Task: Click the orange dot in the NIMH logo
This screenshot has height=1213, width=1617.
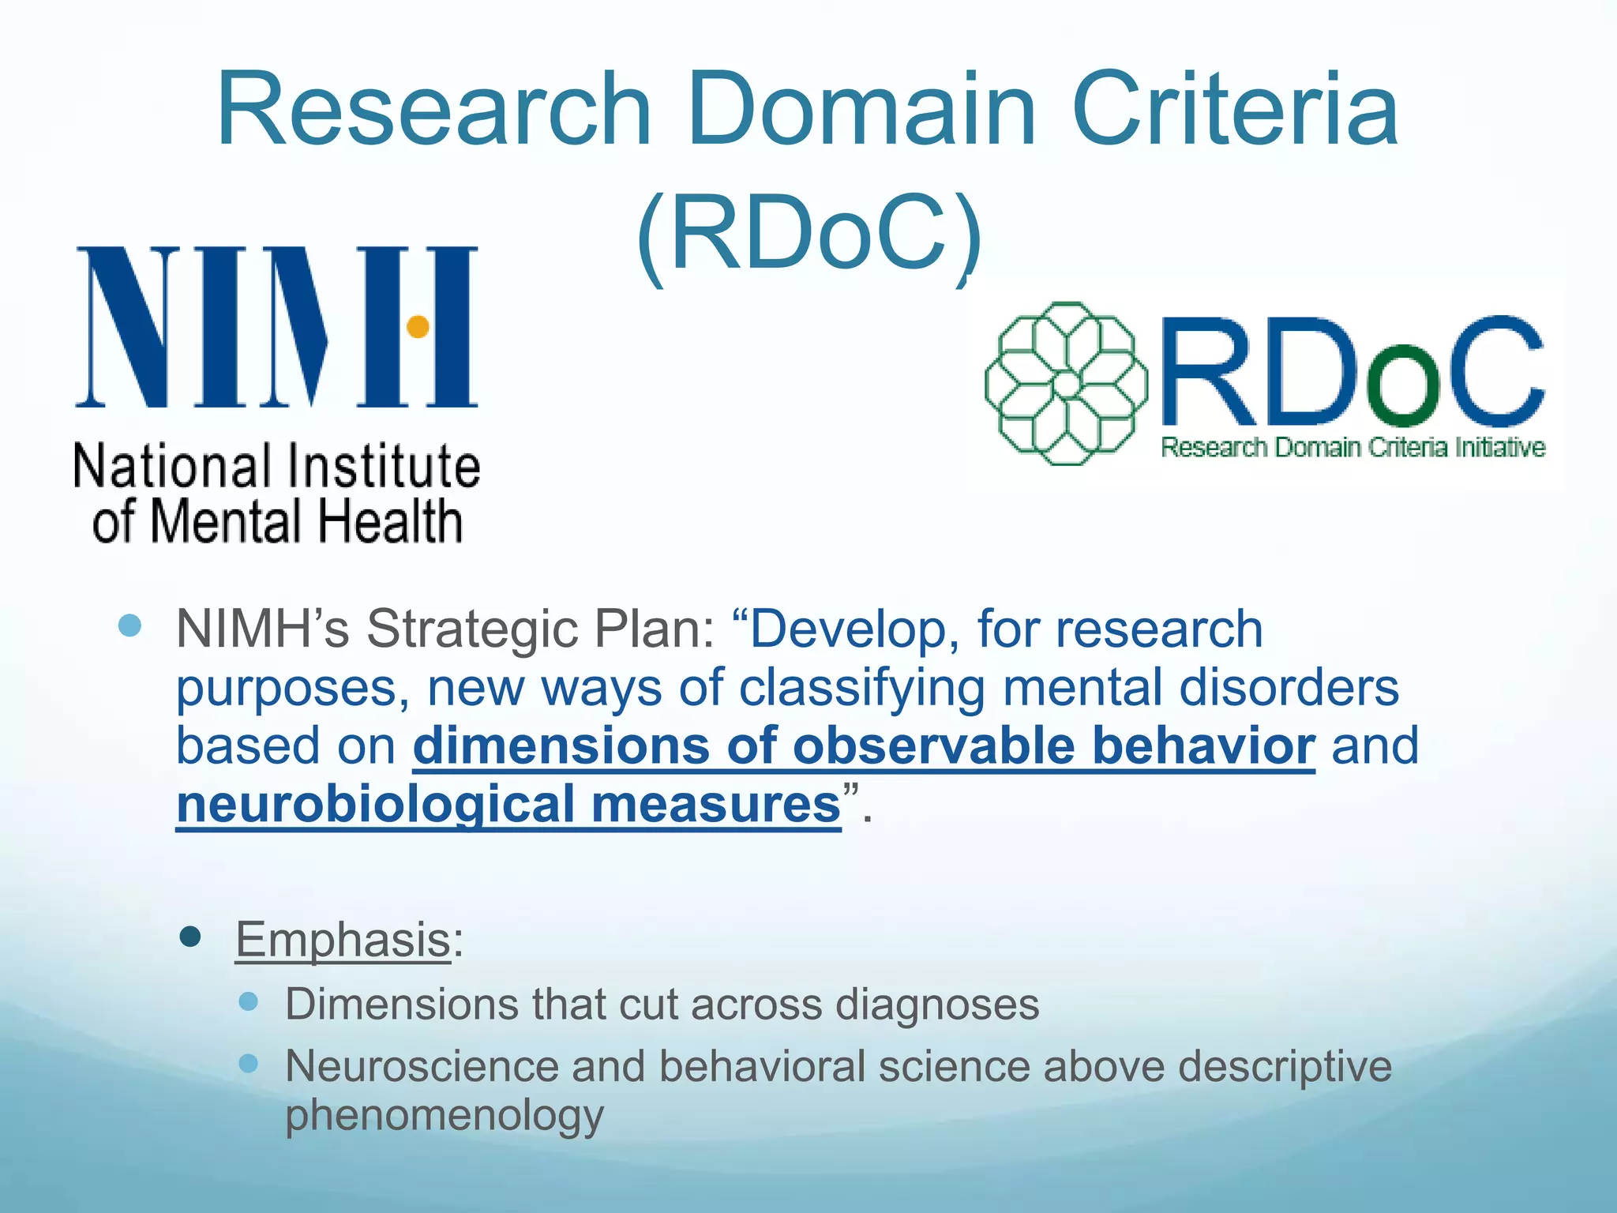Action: click(x=418, y=326)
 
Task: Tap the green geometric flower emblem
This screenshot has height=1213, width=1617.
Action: click(x=1066, y=384)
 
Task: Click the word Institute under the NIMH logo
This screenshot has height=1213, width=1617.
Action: click(x=383, y=466)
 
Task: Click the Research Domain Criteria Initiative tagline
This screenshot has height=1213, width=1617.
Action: click(x=1353, y=448)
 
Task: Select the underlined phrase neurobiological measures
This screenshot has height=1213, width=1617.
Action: click(x=508, y=804)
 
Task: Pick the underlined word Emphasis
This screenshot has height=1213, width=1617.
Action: click(x=343, y=939)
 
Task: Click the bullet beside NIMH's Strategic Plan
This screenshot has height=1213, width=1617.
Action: click(x=129, y=626)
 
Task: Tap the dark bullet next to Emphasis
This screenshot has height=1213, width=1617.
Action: click(x=190, y=937)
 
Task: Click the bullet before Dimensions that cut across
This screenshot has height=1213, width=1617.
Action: click(x=249, y=1002)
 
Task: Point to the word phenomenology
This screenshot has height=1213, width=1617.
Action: click(x=445, y=1115)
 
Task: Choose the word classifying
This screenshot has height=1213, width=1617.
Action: click(x=861, y=688)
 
